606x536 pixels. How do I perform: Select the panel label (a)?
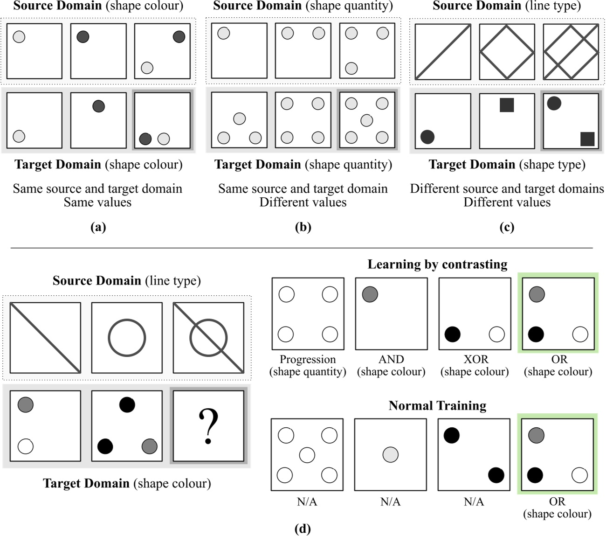[98, 227]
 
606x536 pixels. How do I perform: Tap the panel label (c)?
[507, 227]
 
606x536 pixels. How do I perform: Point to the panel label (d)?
[303, 529]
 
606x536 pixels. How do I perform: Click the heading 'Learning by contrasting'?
[437, 265]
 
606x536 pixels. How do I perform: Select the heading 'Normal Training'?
[437, 406]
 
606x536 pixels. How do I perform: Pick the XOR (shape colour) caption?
[475, 366]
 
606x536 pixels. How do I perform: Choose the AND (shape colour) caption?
[391, 366]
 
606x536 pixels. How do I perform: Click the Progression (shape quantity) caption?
[308, 366]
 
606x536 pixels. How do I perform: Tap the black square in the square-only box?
[507, 105]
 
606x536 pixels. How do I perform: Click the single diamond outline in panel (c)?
[507, 51]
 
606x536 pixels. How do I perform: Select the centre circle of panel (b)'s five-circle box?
[367, 120]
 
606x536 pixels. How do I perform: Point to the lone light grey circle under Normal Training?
[390, 454]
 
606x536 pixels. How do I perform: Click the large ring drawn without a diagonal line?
[127, 338]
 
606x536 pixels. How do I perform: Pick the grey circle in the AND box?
[370, 294]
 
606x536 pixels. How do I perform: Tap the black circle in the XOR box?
[453, 334]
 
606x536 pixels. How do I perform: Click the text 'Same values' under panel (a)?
[97, 202]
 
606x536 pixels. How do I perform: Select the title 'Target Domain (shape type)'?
[507, 165]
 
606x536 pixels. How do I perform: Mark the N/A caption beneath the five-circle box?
[307, 502]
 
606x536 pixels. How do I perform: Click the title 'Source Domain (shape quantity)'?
[303, 6]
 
